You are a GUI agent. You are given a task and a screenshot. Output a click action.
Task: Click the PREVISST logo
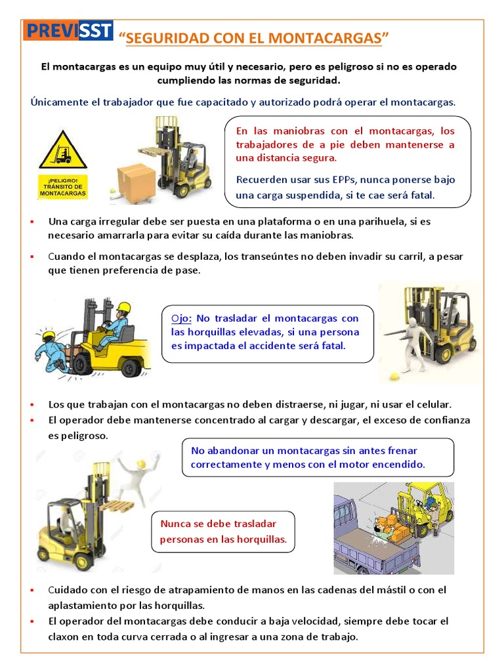pos(68,30)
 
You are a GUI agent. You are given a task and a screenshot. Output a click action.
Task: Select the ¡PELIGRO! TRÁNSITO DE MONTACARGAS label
pos(62,186)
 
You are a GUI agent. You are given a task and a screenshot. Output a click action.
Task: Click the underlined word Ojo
pos(180,318)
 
